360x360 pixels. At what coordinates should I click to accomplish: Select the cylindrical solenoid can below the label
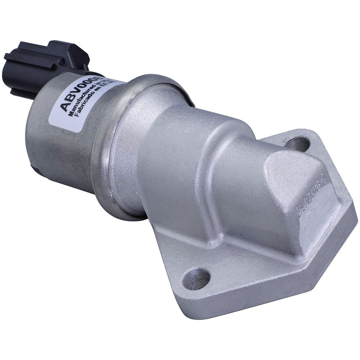(x=58, y=151)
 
